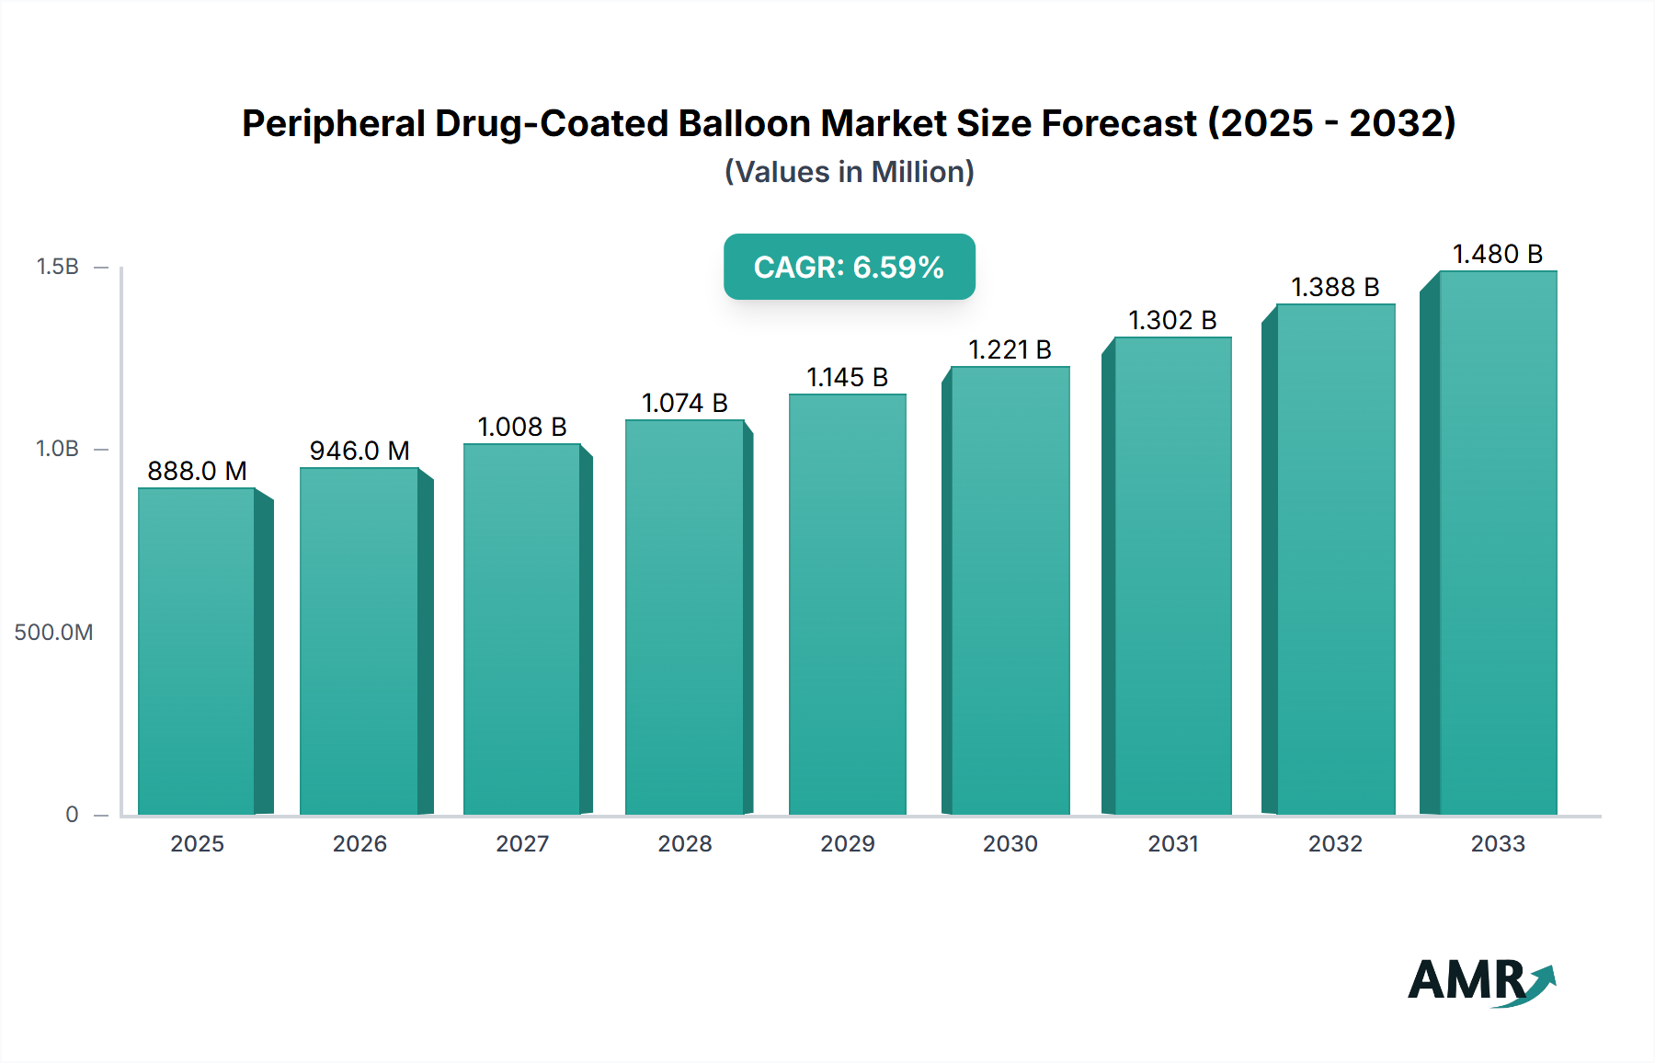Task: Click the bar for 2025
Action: [x=197, y=651]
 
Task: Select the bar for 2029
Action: [x=848, y=604]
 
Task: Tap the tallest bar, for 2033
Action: [x=1498, y=543]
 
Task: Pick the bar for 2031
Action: [x=1172, y=576]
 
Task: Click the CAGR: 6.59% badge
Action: [x=849, y=267]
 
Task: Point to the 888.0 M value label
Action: [x=197, y=471]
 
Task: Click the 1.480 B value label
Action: [x=1497, y=254]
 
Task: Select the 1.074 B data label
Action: [x=684, y=403]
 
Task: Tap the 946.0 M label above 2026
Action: [x=359, y=451]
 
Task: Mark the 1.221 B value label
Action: [x=1010, y=349]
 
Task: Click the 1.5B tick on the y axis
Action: [x=57, y=267]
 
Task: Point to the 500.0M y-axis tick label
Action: [x=53, y=632]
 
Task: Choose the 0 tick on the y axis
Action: [x=72, y=814]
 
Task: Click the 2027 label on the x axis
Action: [x=522, y=843]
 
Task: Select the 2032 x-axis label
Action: [x=1335, y=843]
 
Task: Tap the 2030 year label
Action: [x=1010, y=843]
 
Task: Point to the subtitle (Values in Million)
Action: [x=849, y=172]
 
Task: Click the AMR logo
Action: [x=1480, y=980]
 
